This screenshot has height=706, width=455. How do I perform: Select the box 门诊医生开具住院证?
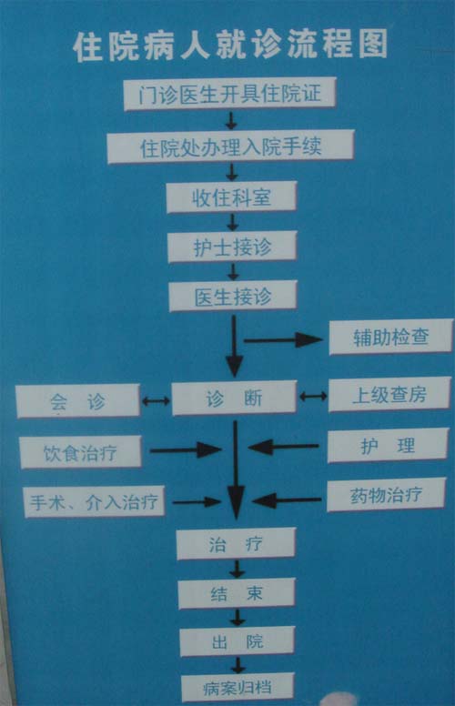point(229,94)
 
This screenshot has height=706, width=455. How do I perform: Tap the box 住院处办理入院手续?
point(230,146)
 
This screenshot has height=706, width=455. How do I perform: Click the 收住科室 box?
point(231,197)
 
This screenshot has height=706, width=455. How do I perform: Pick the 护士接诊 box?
point(232,247)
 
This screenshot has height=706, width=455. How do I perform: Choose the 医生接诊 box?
point(233,296)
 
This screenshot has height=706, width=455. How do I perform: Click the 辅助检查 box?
point(391,337)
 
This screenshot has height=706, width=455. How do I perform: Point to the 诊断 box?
point(234,398)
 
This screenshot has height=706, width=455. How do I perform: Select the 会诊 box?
point(78,400)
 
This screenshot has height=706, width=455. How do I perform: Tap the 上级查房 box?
point(389,395)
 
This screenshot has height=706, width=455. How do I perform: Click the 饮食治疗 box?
point(81,452)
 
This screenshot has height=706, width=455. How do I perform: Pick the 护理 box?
point(388,445)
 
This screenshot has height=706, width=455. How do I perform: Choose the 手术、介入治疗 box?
point(94,501)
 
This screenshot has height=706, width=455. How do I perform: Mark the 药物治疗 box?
point(386,495)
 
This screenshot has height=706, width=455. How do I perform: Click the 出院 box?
point(238,641)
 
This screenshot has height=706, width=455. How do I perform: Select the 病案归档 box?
point(238,688)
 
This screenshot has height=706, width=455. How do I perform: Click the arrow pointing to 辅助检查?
point(283,340)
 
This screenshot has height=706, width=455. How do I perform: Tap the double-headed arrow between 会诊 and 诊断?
point(156,400)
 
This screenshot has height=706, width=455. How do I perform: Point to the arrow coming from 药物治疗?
point(287,500)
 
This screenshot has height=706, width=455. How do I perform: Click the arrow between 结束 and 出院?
point(238,618)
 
